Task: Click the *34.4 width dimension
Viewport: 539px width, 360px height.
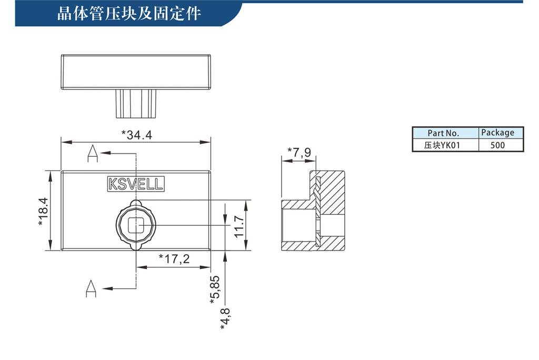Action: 136,135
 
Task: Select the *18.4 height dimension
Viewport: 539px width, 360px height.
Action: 43,212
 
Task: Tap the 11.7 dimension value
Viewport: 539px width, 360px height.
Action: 239,226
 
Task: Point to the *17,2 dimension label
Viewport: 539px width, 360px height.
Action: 174,258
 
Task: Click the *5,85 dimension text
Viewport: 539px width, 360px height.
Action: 215,289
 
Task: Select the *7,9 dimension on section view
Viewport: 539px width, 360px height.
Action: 299,152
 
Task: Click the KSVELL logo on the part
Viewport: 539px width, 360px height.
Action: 136,184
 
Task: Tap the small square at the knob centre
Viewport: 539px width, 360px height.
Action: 136,226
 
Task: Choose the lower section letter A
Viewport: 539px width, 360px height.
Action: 91,288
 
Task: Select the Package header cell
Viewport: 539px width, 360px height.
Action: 501,133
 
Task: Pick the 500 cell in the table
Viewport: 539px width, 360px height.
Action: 501,145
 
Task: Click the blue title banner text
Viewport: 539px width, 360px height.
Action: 129,14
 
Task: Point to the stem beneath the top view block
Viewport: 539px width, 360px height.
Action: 136,104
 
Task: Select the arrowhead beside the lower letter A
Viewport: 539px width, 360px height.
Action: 107,288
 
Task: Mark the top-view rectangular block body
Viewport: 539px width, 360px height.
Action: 136,72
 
